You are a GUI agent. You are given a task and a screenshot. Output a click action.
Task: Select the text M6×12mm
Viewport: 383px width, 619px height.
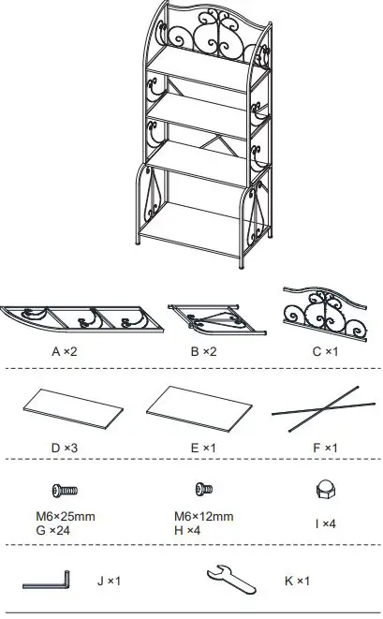coord(203,516)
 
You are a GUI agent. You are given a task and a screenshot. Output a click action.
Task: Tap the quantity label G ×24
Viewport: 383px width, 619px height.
coord(63,529)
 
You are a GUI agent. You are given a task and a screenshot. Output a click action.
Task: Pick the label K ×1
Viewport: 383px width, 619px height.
coord(296,581)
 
